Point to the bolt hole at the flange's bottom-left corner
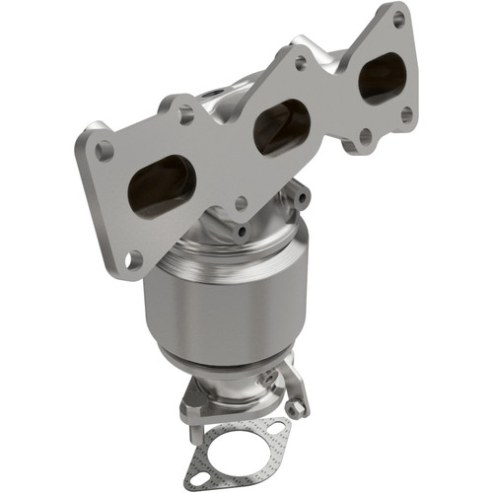135,258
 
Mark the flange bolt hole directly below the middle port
241,203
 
